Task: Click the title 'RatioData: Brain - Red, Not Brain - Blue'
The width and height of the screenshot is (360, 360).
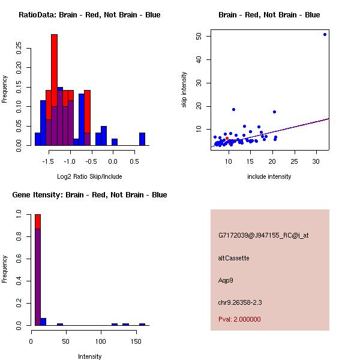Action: click(x=89, y=15)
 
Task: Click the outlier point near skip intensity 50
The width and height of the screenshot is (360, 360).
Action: click(x=325, y=34)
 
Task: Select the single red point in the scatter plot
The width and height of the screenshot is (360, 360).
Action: click(x=227, y=139)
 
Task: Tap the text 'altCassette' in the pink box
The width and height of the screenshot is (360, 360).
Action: click(x=233, y=258)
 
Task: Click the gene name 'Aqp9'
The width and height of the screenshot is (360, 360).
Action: click(x=226, y=280)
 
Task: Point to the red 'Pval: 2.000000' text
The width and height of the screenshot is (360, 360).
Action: click(x=239, y=319)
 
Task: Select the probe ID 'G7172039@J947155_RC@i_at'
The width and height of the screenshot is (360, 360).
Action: click(x=263, y=236)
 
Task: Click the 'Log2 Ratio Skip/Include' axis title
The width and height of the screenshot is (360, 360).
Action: click(x=89, y=176)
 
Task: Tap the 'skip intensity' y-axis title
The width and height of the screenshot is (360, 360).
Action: click(x=184, y=90)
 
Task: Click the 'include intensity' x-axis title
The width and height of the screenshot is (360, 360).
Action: click(x=269, y=176)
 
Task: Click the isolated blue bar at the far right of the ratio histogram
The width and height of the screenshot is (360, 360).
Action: click(x=142, y=139)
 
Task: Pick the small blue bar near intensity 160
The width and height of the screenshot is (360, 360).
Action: click(x=142, y=324)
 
